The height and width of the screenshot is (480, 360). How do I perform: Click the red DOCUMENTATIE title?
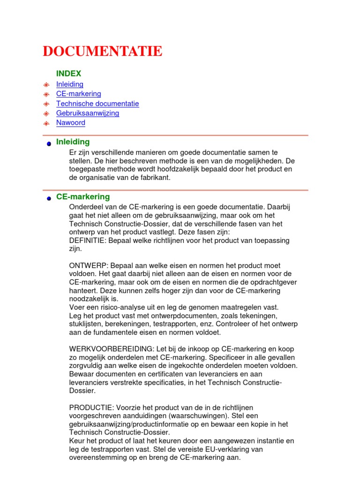[102, 52]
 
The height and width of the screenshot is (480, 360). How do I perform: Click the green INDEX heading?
[68, 74]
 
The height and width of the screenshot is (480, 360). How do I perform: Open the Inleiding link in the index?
[70, 84]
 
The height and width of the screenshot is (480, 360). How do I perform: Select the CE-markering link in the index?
[78, 94]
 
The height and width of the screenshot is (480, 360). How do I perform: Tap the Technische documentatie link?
[97, 104]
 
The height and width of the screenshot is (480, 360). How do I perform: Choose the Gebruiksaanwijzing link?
[88, 113]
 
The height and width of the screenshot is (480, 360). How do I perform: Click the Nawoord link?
[71, 123]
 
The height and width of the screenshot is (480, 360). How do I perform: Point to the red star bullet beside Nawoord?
[46, 124]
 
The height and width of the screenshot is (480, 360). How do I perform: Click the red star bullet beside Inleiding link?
[46, 85]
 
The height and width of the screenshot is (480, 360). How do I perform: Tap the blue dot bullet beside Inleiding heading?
[48, 144]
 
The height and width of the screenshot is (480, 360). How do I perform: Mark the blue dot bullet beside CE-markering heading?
[48, 199]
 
